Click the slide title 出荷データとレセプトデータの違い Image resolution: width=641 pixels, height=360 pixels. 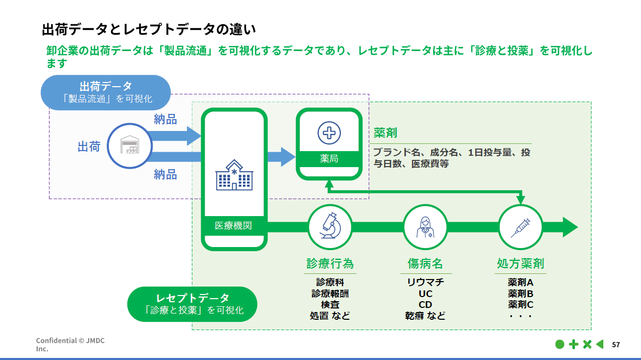pos(149,29)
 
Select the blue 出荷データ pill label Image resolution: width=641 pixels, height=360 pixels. pos(106,92)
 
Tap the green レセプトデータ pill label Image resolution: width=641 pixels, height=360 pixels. pos(192,304)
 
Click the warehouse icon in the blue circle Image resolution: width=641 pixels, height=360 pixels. pos(130,146)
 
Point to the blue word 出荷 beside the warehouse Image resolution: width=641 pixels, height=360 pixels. pos(89,146)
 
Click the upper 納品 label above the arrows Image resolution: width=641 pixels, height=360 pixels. pos(165,120)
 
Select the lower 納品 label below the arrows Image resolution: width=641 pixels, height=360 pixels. pos(165,174)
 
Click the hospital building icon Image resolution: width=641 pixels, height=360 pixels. pos(234,174)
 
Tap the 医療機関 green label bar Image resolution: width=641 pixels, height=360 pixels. pos(234,226)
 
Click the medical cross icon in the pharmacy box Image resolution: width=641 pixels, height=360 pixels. pos(328,133)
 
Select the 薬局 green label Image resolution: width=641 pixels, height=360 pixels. pos(329,159)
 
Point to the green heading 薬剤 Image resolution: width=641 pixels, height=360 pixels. pos(385,133)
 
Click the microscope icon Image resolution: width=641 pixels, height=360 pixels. pos(330,227)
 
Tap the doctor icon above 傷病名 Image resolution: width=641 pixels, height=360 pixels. pos(425,227)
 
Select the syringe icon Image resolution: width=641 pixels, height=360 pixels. pos(520,227)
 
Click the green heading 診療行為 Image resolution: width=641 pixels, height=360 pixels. pos(330,264)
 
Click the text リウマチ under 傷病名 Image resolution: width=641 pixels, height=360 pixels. pos(425,282)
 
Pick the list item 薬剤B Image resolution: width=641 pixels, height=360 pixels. pos(520,293)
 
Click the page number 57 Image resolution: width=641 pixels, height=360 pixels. pos(616,345)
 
